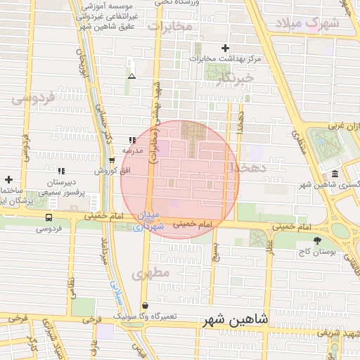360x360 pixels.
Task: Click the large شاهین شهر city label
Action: (x=235, y=319)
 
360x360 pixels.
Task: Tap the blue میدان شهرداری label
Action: (x=148, y=220)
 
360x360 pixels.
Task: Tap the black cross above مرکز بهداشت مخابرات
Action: (x=225, y=48)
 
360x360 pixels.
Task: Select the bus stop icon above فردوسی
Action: (x=49, y=217)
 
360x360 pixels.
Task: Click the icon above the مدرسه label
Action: (x=132, y=141)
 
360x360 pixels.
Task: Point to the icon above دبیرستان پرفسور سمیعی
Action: (x=60, y=170)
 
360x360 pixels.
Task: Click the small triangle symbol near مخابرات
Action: (x=131, y=75)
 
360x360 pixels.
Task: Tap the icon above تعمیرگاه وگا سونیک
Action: (x=145, y=306)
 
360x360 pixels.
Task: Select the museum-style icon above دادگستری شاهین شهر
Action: (x=334, y=174)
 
